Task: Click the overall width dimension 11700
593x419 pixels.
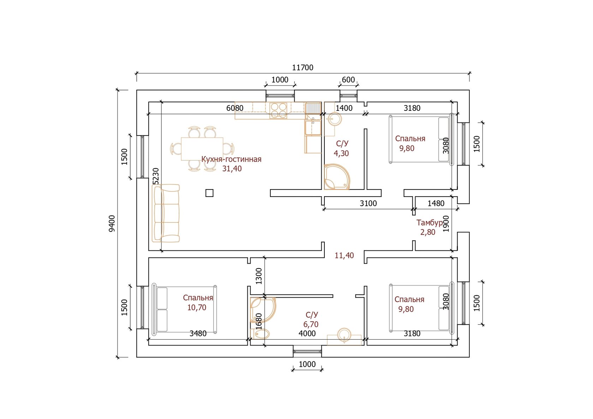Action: pyautogui.click(x=303, y=68)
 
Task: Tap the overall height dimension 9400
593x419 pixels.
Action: pyautogui.click(x=112, y=224)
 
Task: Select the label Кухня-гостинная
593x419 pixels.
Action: pyautogui.click(x=232, y=159)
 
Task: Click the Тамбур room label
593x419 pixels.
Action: pyautogui.click(x=430, y=223)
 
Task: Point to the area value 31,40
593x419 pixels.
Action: pyautogui.click(x=232, y=169)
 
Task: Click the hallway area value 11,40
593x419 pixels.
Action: pyautogui.click(x=344, y=256)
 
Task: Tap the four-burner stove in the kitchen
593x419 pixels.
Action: pyautogui.click(x=278, y=110)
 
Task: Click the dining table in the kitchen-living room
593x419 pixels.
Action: pyautogui.click(x=202, y=149)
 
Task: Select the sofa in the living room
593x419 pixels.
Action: pyautogui.click(x=166, y=213)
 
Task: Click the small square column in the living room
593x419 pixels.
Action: pyautogui.click(x=209, y=193)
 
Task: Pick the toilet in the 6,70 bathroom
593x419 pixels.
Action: pyautogui.click(x=260, y=334)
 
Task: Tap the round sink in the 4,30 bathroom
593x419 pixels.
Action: pyautogui.click(x=335, y=119)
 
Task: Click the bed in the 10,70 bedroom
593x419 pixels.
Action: pyautogui.click(x=184, y=309)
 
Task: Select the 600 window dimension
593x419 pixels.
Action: pyautogui.click(x=348, y=80)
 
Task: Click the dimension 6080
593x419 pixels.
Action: pyautogui.click(x=235, y=108)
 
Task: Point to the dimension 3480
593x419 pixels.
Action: pyautogui.click(x=198, y=334)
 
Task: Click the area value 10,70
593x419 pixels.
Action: pyautogui.click(x=197, y=307)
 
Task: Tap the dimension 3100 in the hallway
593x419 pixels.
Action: pyautogui.click(x=368, y=203)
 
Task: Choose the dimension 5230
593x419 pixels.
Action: pyautogui.click(x=156, y=176)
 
